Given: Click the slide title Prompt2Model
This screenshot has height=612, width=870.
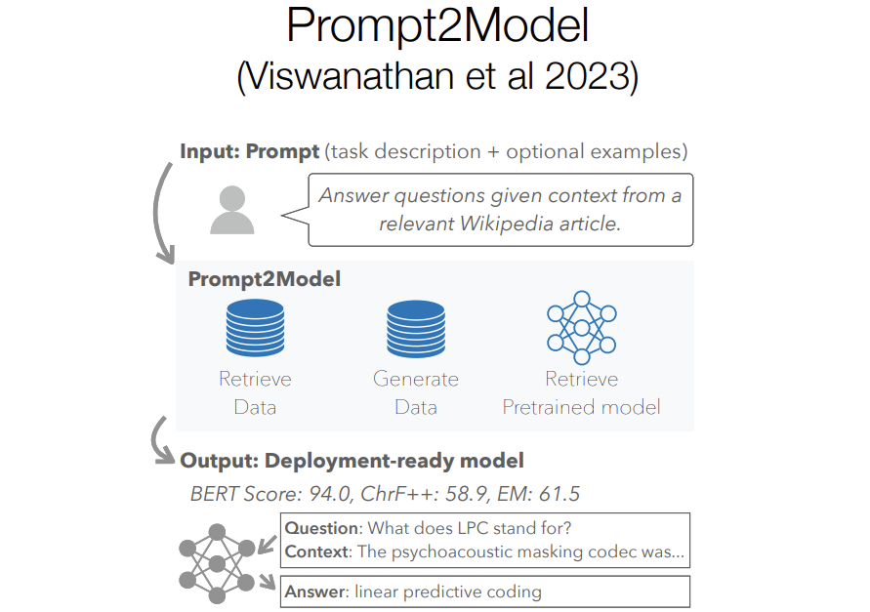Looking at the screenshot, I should coord(437,26).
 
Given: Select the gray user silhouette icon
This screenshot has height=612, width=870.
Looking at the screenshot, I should coord(232,210).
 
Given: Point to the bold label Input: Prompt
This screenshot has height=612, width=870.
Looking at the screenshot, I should coord(250,152).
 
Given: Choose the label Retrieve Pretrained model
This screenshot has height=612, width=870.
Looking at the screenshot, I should coord(581,393).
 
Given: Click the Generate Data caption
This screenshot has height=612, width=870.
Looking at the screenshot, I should coord(416,393).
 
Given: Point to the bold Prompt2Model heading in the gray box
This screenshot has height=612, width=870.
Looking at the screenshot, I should coord(265,279).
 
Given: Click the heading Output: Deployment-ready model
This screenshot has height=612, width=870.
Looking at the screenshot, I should coord(352,461).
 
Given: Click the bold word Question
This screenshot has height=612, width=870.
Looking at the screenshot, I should coord(321,529).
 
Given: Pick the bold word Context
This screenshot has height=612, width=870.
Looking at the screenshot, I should coord(316,552).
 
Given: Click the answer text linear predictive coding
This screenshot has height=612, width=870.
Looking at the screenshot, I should coord(447,592).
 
